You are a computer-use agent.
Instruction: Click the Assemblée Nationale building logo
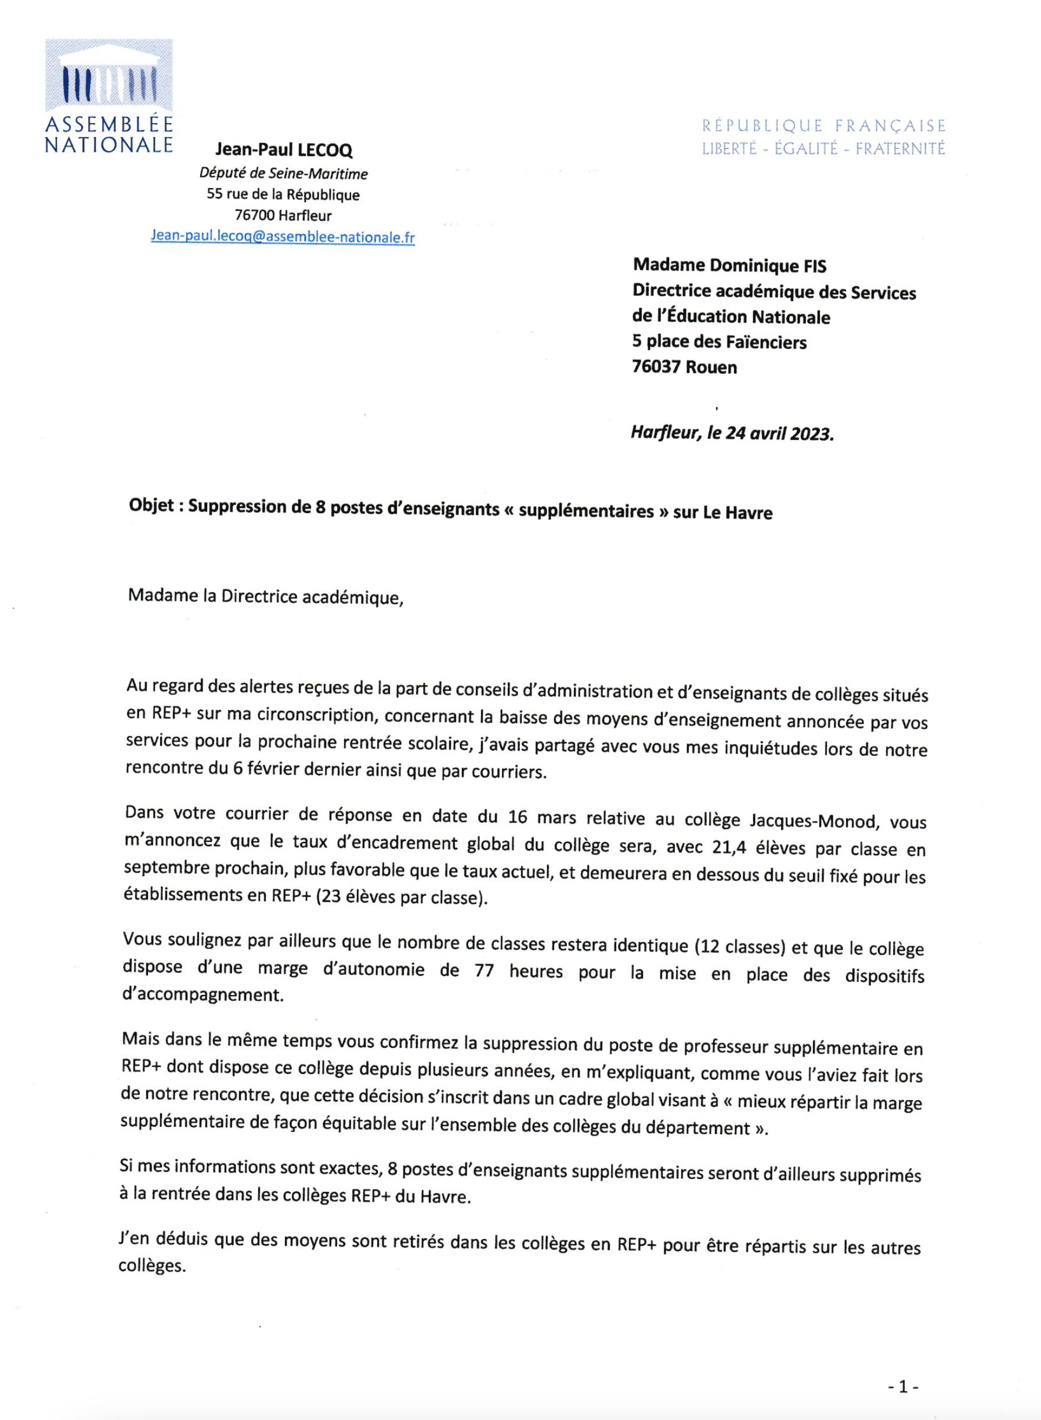[x=109, y=75]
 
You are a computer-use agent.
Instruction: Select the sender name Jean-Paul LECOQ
[x=284, y=150]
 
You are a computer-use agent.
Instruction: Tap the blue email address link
[x=283, y=237]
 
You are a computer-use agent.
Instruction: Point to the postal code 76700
[x=255, y=215]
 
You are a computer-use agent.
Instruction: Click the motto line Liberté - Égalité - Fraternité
[x=823, y=149]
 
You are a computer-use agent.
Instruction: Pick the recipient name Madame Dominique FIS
[x=729, y=265]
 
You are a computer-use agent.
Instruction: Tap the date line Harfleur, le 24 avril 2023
[x=732, y=433]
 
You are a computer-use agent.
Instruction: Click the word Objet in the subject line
[x=151, y=506]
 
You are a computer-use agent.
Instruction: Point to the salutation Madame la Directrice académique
[x=265, y=596]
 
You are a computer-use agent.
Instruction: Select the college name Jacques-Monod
[x=812, y=821]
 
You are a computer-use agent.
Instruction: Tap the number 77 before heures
[x=484, y=971]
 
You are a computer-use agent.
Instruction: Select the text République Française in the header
[x=823, y=125]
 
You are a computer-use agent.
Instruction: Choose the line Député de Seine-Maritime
[x=284, y=174]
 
